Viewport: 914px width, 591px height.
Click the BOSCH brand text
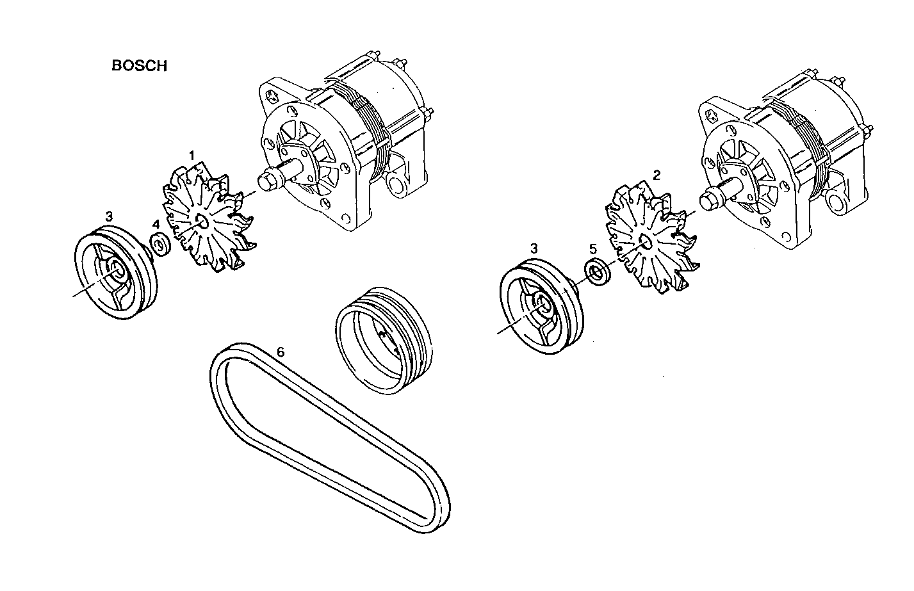point(139,66)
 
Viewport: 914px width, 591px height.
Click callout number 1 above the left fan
point(191,156)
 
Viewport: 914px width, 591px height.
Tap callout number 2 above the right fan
point(656,174)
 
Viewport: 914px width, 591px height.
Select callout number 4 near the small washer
point(156,224)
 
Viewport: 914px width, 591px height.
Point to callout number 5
point(592,247)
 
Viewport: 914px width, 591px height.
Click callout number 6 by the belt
point(280,352)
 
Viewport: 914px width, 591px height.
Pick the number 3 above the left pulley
point(110,215)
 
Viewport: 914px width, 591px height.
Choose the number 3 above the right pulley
point(534,247)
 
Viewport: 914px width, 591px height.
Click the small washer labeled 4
point(159,245)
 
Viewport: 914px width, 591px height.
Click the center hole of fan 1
point(200,222)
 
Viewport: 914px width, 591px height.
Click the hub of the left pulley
point(117,270)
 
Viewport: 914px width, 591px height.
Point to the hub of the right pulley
point(543,305)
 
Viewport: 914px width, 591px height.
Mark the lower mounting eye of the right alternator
point(838,203)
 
